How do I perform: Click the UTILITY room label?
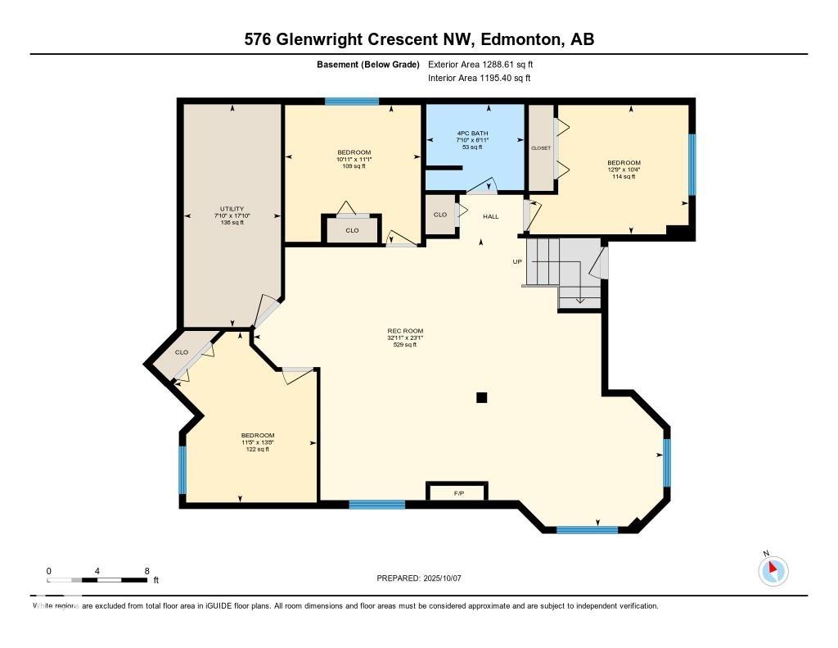232,209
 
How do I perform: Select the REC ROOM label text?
405,331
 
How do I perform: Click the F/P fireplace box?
457,493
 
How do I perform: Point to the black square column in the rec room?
482,398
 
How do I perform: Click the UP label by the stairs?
517,262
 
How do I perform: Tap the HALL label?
490,216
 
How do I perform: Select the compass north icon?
773,570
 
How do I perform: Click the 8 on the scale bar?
146,571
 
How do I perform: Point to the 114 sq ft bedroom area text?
624,177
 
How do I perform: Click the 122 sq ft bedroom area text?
258,449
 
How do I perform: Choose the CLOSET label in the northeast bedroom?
541,148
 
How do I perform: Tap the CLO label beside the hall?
440,215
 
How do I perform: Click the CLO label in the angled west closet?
181,352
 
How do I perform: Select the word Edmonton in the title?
519,39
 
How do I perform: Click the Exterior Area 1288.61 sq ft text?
480,64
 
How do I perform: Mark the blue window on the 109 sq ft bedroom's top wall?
352,102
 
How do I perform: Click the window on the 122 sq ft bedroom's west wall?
182,469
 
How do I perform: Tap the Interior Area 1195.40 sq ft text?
479,79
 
